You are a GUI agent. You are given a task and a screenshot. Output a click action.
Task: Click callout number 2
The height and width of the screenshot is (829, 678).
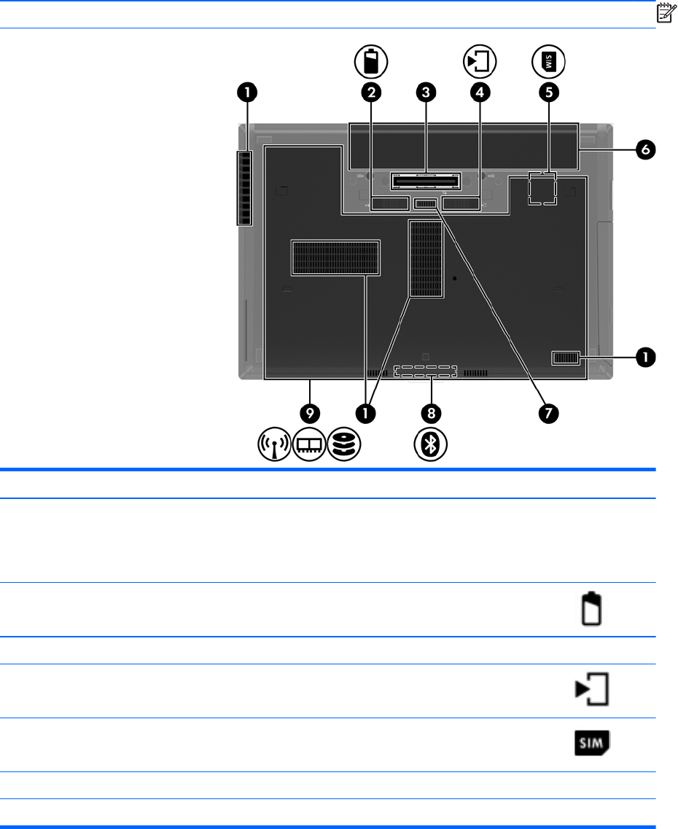371,92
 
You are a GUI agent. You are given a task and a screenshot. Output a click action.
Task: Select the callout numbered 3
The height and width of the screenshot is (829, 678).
426,92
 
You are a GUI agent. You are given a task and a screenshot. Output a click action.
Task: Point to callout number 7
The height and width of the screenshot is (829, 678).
548,413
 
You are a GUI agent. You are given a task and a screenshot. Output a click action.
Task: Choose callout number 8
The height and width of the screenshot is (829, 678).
432,413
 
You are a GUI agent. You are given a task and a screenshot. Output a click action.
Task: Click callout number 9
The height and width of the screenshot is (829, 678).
311,413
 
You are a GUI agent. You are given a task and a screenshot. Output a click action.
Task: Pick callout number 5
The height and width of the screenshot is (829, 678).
548,92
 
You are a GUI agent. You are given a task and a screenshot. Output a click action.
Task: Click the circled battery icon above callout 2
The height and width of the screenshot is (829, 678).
371,62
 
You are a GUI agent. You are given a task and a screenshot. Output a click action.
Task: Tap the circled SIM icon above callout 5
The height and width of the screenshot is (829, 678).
548,62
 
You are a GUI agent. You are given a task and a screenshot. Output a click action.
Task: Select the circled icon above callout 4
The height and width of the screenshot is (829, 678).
480,62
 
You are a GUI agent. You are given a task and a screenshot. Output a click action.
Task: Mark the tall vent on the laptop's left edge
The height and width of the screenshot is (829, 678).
243,188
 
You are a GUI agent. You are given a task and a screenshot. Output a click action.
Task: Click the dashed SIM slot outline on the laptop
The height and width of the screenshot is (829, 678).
542,188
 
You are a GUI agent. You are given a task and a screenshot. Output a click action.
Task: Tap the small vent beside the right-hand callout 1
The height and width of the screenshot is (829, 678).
566,357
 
